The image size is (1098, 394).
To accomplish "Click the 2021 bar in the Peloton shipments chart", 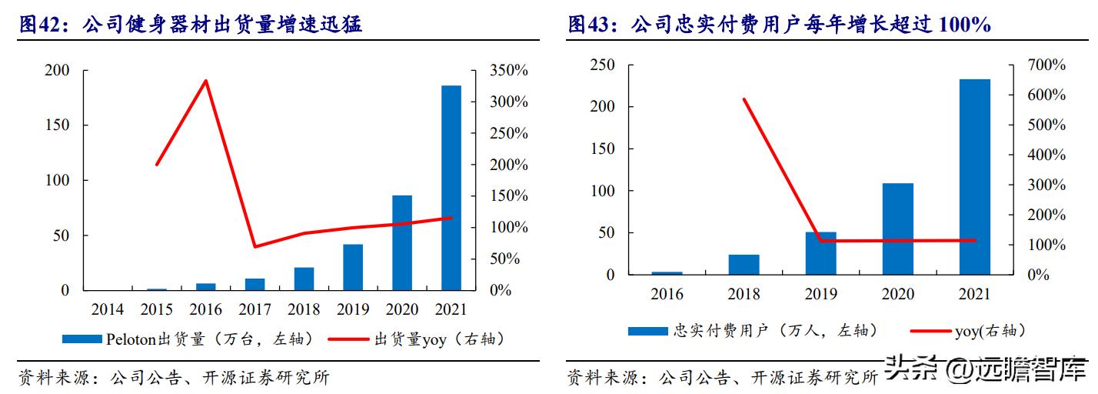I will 451,188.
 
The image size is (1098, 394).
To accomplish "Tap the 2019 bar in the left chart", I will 353,267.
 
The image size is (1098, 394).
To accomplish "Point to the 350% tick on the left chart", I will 509,71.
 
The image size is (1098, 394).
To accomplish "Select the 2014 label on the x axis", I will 108,310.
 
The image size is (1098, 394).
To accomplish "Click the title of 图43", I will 779,25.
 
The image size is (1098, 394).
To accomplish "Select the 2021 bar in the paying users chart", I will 974,177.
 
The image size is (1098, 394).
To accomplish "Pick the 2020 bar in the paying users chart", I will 897,229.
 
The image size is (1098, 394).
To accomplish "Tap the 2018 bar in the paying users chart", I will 744,265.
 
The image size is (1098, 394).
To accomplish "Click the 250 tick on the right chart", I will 602,65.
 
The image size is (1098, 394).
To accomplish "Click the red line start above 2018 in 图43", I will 744,99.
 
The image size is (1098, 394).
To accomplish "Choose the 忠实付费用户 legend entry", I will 754,330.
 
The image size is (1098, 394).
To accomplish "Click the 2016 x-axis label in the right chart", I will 667,295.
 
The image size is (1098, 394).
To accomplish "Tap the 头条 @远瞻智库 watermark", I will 987,369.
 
